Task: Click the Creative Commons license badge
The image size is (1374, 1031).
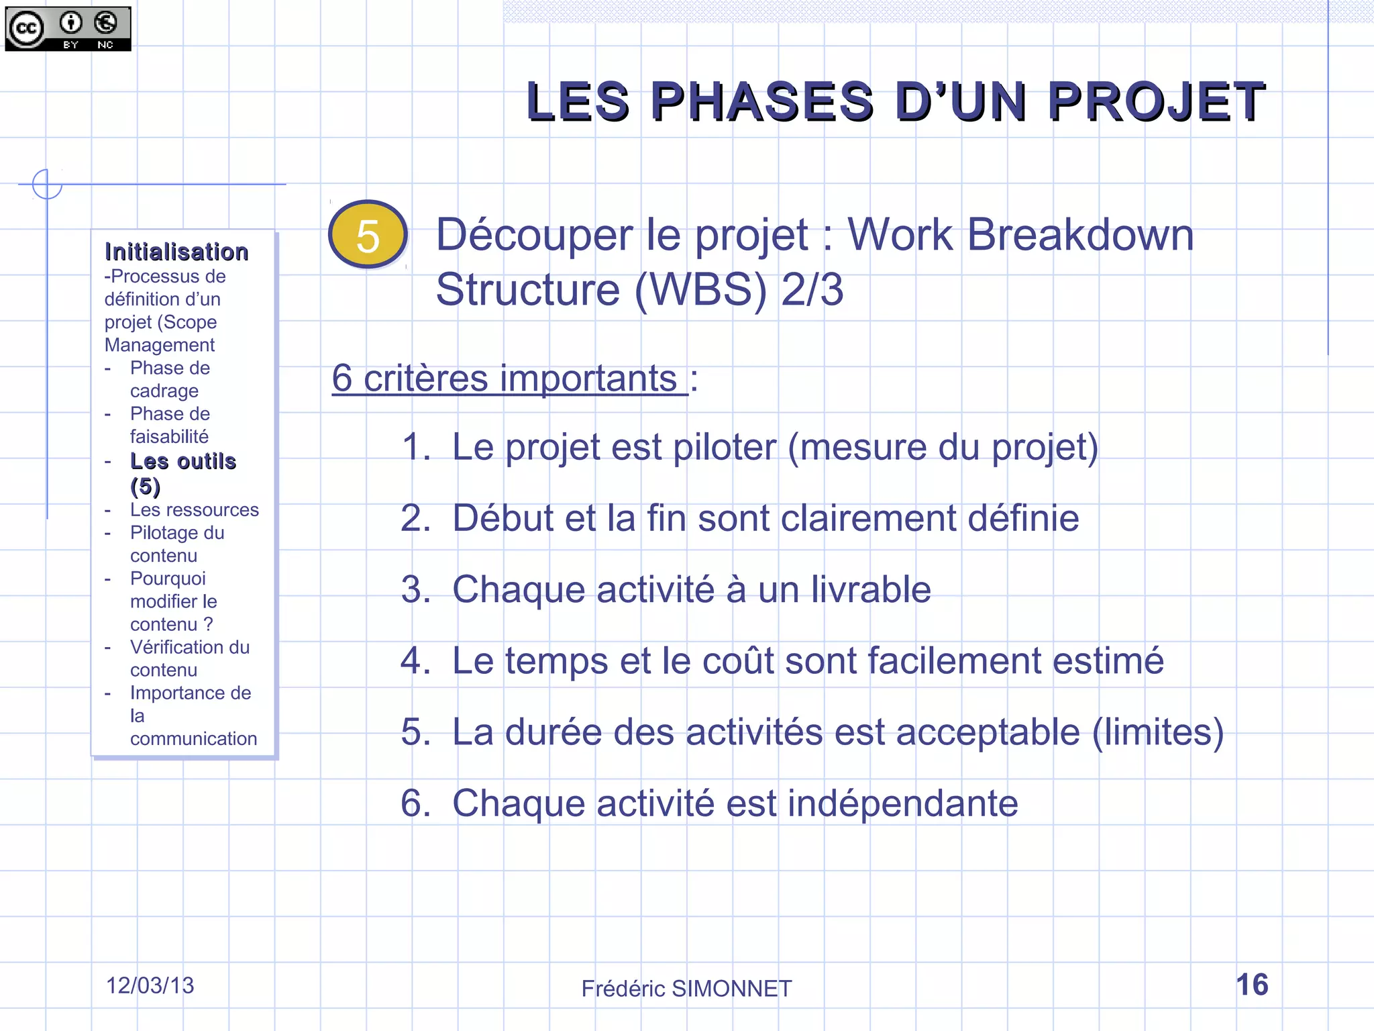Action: (x=68, y=29)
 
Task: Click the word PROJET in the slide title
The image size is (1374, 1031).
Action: (x=1156, y=102)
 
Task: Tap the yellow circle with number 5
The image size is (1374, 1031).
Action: (x=368, y=235)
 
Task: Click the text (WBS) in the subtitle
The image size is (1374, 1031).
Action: (x=700, y=290)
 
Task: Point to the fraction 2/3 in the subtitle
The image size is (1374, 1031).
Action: (x=812, y=290)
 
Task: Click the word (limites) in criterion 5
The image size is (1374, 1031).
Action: (x=1158, y=732)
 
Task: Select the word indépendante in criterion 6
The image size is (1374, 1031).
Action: (x=902, y=803)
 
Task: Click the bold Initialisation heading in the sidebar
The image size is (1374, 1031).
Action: (x=176, y=252)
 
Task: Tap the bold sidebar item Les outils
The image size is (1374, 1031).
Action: (x=183, y=462)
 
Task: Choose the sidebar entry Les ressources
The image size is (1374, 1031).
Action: (x=194, y=510)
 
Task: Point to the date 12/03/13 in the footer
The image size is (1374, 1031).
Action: (x=150, y=985)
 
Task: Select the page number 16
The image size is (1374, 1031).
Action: (x=1252, y=985)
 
